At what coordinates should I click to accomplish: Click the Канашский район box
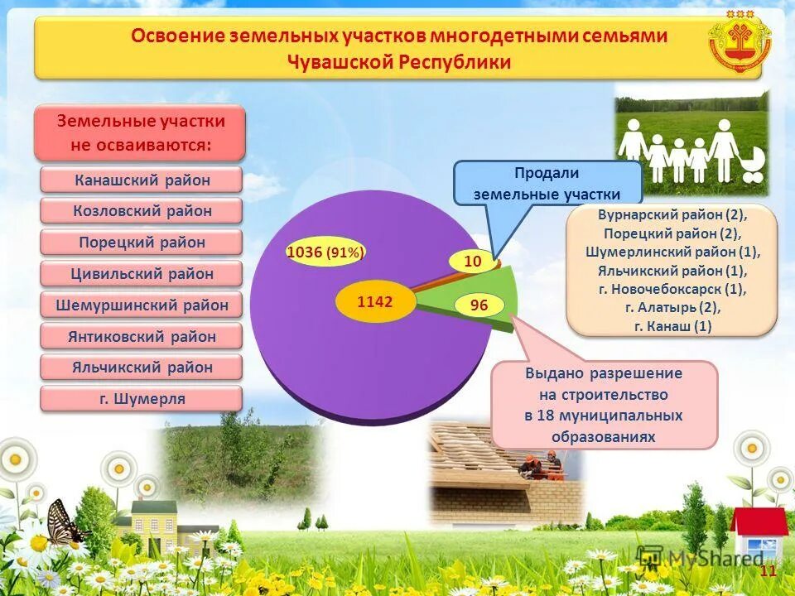pos(142,180)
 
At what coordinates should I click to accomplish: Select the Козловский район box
pos(142,211)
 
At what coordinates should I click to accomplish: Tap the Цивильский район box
pos(142,274)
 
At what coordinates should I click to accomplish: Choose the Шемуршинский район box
pos(142,305)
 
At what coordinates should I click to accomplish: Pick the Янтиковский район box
pos(142,336)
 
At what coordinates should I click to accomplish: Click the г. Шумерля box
pos(142,399)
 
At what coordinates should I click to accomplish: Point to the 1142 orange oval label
pos(374,302)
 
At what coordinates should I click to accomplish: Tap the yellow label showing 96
pos(479,305)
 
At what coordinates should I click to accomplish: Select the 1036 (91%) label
pos(325,252)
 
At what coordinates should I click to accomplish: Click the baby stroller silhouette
pos(752,166)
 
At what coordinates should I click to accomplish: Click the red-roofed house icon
pos(759,534)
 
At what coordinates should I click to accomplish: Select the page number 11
pos(768,572)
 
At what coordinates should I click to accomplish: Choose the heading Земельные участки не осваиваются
pos(141,132)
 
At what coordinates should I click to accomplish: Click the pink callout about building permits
pos(604,405)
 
